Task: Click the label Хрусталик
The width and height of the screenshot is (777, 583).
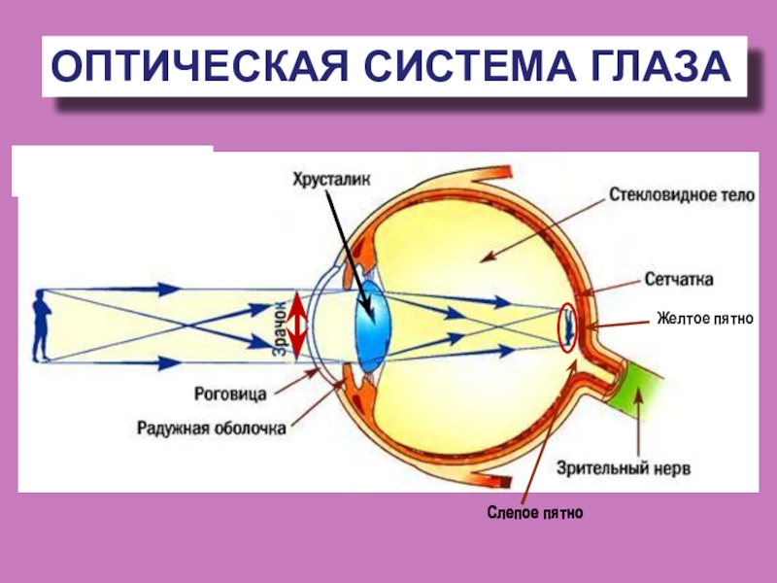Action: point(330,178)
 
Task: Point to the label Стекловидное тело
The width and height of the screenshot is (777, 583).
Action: point(682,194)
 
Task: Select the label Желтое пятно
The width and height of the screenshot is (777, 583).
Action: point(705,318)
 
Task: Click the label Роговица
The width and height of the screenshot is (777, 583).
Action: point(230,394)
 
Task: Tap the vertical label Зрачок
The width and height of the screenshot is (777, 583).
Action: point(277,329)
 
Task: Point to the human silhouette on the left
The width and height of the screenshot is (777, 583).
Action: point(40,325)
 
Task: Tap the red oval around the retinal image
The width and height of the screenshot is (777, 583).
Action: point(567,326)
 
